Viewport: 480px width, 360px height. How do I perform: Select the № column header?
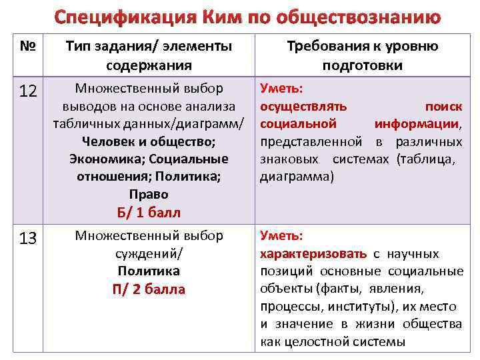27,47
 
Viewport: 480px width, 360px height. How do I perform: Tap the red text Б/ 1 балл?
148,212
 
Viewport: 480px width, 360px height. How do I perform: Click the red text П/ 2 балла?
148,289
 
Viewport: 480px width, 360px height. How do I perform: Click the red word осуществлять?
298,106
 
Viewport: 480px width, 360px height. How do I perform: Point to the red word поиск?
443,106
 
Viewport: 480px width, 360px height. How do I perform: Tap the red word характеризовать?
313,254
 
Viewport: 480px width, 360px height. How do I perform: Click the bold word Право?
148,194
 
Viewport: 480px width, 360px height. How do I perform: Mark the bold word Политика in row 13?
148,271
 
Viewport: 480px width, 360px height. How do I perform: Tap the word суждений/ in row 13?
148,254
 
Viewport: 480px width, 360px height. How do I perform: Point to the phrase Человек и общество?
148,141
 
